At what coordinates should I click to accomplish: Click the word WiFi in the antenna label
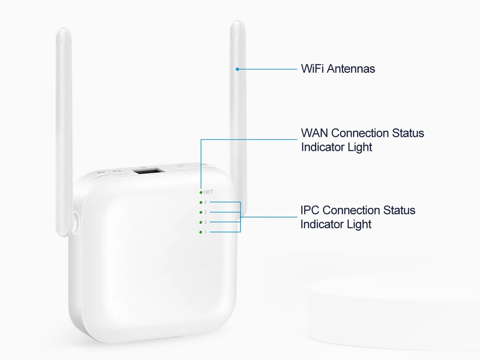click(312, 69)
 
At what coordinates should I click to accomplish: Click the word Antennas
click(351, 69)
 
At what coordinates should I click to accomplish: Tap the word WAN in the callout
click(314, 133)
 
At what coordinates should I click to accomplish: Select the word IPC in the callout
click(310, 210)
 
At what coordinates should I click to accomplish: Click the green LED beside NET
click(201, 192)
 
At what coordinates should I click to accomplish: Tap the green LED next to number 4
click(201, 202)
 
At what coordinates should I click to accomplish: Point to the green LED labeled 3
click(201, 212)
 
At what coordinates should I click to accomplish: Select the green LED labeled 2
click(201, 222)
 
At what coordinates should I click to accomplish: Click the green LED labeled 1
click(201, 232)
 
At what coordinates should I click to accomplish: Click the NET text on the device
click(209, 192)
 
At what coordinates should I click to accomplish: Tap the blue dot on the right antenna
click(237, 69)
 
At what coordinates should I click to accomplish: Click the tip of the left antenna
click(63, 33)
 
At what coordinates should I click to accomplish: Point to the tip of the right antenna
click(237, 25)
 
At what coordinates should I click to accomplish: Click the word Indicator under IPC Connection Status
click(321, 224)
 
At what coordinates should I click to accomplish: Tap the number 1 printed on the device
click(205, 232)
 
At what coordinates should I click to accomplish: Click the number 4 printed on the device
click(205, 202)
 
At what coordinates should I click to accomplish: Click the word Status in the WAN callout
click(408, 133)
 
